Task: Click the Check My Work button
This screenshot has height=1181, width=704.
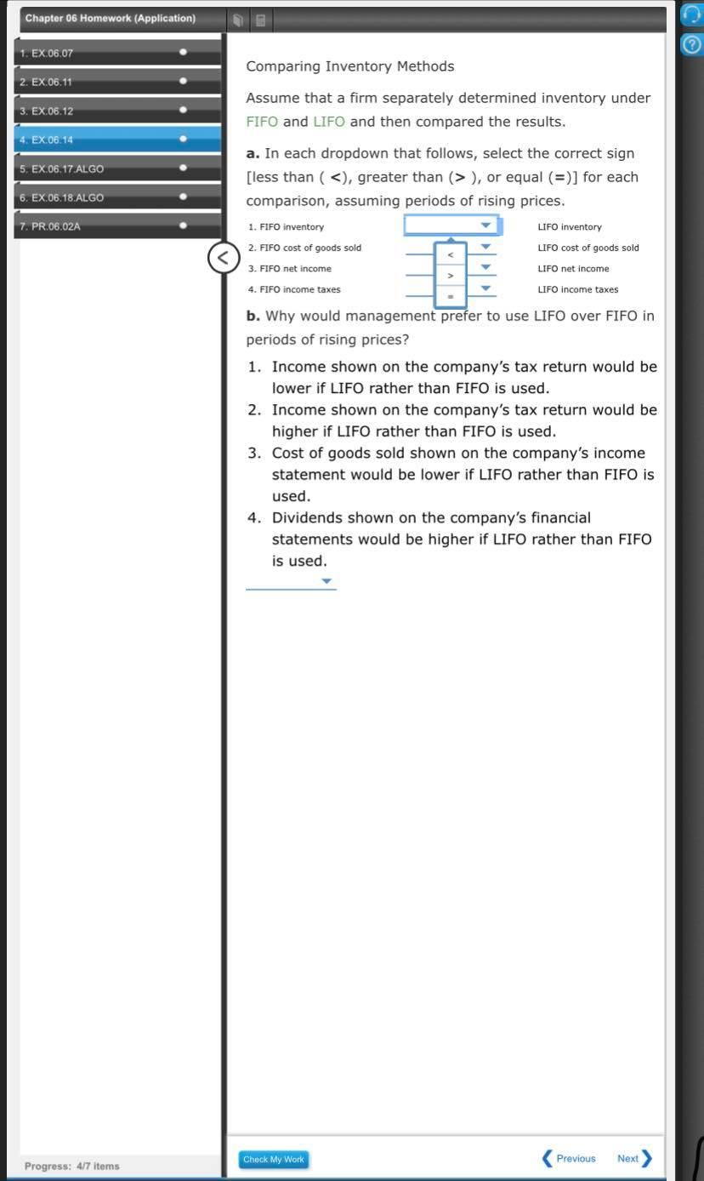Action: (x=273, y=1159)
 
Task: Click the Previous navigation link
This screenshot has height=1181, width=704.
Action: (x=570, y=1158)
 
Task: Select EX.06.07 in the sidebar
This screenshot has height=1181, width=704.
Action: (x=53, y=53)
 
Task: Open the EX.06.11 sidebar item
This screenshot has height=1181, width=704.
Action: (x=53, y=82)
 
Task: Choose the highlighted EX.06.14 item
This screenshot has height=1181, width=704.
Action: (x=53, y=140)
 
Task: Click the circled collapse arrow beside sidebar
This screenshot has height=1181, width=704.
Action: (x=223, y=258)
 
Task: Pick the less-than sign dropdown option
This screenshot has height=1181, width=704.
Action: (x=451, y=254)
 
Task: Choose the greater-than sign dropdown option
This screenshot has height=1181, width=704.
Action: (x=451, y=276)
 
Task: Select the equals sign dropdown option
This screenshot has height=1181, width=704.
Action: (x=451, y=296)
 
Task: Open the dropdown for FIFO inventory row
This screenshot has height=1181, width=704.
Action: (x=451, y=226)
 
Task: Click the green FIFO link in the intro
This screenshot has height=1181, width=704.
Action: (x=262, y=122)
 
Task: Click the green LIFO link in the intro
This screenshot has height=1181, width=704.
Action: (x=329, y=122)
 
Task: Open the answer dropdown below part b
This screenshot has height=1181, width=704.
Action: (x=291, y=582)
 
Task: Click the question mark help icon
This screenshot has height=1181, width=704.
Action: (x=692, y=45)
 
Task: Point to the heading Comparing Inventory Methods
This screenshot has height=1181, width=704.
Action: (x=349, y=66)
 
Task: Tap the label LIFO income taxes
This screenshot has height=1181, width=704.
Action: (x=577, y=289)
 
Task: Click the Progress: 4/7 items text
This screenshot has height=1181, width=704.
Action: (x=72, y=1166)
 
